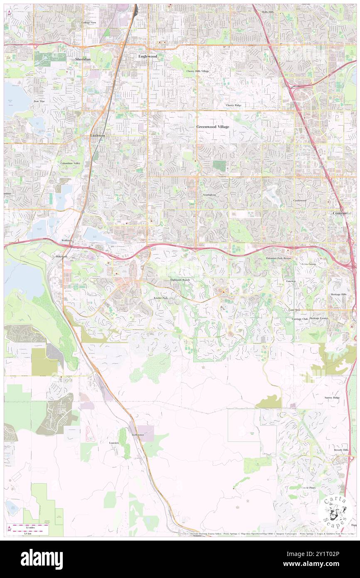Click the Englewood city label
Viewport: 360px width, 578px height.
(148, 56)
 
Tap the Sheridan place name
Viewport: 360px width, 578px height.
(82, 59)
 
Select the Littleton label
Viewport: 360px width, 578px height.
(98, 136)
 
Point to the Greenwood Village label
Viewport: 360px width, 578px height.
(212, 126)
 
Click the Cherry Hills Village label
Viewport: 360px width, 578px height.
(197, 71)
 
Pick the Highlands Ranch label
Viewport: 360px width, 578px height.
(180, 280)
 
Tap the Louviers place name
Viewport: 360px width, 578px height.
(114, 443)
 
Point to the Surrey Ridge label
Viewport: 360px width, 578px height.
(332, 398)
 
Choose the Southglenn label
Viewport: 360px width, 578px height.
(210, 195)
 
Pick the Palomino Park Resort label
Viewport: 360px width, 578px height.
(279, 258)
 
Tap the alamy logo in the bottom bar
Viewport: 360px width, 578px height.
(42, 559)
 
